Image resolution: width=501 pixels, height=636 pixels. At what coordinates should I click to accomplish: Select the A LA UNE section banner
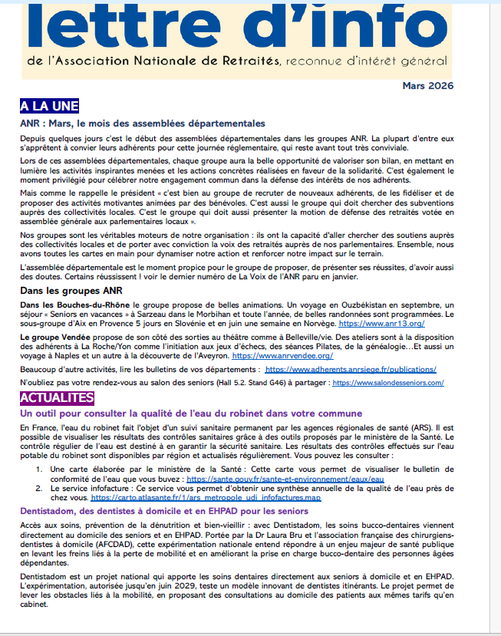(x=49, y=106)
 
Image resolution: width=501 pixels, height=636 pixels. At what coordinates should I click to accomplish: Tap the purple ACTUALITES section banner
(x=57, y=397)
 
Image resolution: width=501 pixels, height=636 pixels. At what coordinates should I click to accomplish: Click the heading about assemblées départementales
(x=143, y=123)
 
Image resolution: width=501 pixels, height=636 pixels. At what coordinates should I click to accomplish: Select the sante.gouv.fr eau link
(x=285, y=479)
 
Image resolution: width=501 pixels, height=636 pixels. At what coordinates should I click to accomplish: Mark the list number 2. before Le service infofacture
(x=34, y=488)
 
